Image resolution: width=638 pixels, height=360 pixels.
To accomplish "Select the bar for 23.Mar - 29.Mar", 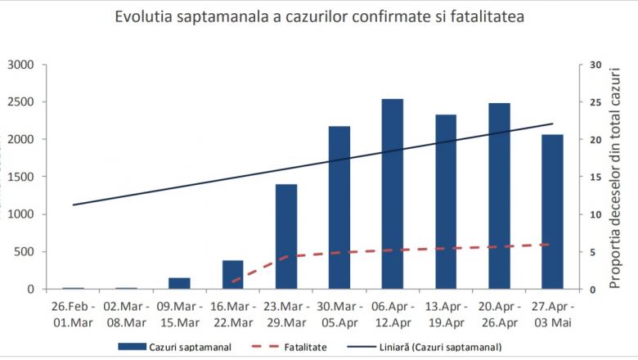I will (x=286, y=236).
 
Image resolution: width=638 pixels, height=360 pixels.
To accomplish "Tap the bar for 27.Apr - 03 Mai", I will (x=552, y=212).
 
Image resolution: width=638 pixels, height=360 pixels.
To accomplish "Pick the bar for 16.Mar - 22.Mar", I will (x=233, y=275).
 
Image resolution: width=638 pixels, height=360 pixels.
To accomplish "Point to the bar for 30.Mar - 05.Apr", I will (x=339, y=208).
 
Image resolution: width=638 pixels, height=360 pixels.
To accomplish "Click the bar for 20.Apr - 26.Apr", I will (x=499, y=196).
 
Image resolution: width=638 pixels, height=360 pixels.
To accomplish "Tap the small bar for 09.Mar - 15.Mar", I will (x=180, y=283).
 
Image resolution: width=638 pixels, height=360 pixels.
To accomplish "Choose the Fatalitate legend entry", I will (x=307, y=347).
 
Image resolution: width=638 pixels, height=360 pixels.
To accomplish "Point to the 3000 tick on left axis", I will (x=20, y=65).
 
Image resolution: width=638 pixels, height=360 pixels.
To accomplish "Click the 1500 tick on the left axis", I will (x=20, y=178).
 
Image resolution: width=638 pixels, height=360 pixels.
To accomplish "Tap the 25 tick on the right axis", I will (x=595, y=103).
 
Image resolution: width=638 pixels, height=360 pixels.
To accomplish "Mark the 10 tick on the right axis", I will (x=595, y=215).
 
